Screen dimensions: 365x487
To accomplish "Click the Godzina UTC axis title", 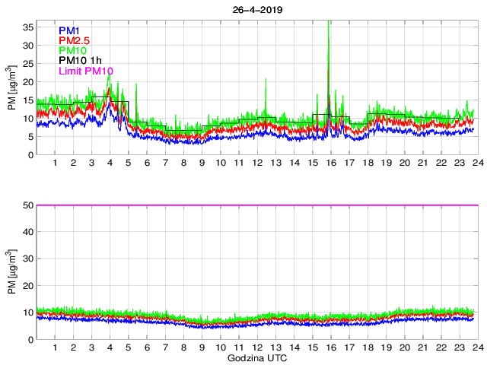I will tap(255, 357).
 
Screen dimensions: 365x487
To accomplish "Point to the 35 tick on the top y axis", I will tap(28, 27).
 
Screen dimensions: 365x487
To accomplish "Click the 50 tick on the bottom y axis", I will tap(28, 205).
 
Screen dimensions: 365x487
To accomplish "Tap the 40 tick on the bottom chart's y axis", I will tap(28, 232).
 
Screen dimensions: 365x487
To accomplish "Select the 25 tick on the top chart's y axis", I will tap(28, 63).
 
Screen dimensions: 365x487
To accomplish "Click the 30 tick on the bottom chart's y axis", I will tap(28, 259).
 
